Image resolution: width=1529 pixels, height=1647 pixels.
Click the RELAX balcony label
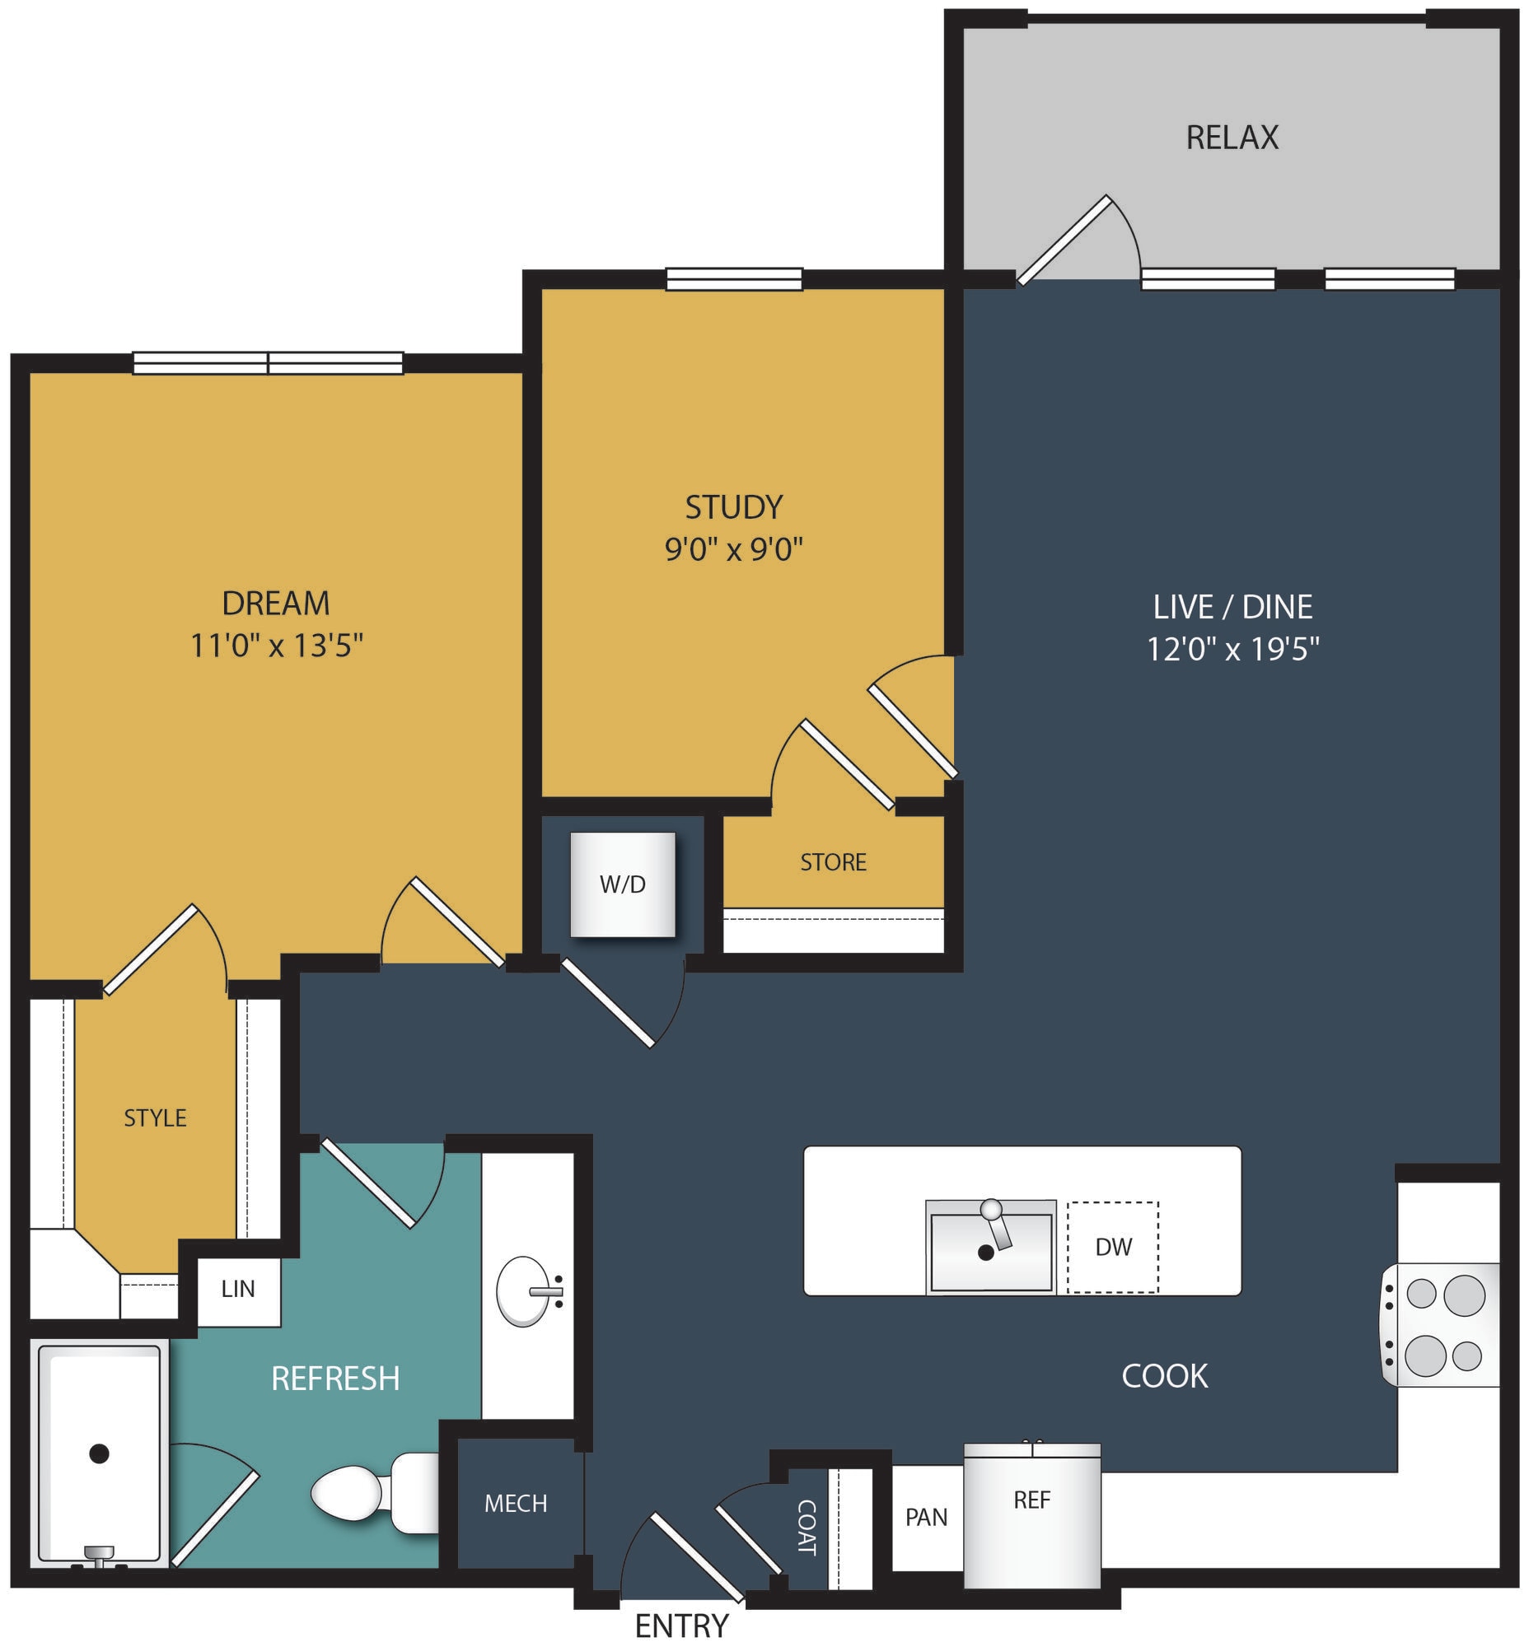(1232, 138)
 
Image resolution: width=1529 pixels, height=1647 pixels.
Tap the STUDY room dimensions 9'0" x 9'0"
(734, 548)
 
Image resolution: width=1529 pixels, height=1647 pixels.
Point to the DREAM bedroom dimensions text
(277, 646)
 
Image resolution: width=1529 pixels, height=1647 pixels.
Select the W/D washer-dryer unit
(623, 884)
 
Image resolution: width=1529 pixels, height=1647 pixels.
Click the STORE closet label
(833, 863)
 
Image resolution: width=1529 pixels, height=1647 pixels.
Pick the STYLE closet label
(155, 1118)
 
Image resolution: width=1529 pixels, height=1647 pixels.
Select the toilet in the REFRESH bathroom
(375, 1493)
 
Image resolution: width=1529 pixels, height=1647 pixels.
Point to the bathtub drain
(100, 1453)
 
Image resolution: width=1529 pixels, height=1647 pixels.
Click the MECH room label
(516, 1503)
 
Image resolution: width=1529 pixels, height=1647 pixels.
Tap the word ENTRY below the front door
(682, 1626)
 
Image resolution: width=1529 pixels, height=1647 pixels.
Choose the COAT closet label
(806, 1527)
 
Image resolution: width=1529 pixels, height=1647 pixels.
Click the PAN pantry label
(927, 1517)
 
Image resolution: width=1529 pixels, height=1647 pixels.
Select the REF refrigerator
(1032, 1515)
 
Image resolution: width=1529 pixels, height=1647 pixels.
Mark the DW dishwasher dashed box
(1113, 1247)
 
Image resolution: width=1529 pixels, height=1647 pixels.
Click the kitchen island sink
(990, 1247)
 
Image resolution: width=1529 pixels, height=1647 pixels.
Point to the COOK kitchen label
(1164, 1377)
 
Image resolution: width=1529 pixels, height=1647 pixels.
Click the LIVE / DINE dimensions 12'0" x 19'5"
(1232, 650)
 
